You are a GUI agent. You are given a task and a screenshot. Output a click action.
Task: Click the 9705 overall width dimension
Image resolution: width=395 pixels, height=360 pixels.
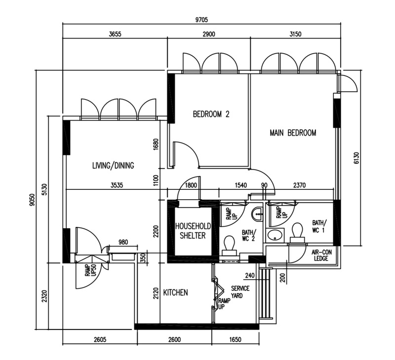point(201,20)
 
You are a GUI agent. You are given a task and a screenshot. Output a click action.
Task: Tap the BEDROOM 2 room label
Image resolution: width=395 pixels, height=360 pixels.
point(211,114)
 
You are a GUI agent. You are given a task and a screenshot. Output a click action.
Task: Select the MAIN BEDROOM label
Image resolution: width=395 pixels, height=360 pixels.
point(293,133)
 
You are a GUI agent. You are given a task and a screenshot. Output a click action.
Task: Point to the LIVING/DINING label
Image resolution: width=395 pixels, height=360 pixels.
point(113,166)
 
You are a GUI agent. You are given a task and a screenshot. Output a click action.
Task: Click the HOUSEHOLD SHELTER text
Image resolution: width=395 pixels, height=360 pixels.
point(193,231)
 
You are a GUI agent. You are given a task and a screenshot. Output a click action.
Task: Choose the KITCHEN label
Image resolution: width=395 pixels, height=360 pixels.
point(176,292)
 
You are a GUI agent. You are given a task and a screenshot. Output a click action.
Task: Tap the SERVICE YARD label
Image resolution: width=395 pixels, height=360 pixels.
point(240,292)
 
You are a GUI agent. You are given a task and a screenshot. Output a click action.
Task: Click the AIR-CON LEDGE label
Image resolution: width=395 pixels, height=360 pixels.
point(321,255)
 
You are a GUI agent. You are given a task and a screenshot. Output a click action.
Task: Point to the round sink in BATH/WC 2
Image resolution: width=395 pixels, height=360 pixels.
point(257,214)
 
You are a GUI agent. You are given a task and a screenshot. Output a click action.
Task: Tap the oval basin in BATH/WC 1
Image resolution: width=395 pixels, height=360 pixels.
point(275,235)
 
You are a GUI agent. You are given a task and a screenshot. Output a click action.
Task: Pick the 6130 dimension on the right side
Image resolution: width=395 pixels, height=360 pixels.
point(356,158)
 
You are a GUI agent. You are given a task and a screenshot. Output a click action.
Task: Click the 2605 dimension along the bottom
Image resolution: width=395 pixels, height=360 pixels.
point(100,340)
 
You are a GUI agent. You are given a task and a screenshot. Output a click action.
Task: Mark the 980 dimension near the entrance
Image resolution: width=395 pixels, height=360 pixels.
point(123,242)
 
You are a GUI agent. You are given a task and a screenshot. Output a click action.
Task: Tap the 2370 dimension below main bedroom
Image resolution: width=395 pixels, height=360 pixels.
point(299,185)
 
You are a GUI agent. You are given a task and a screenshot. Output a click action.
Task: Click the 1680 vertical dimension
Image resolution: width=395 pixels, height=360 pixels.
point(156,144)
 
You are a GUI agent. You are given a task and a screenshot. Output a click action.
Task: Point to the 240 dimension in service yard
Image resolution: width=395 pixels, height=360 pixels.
point(250,276)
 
